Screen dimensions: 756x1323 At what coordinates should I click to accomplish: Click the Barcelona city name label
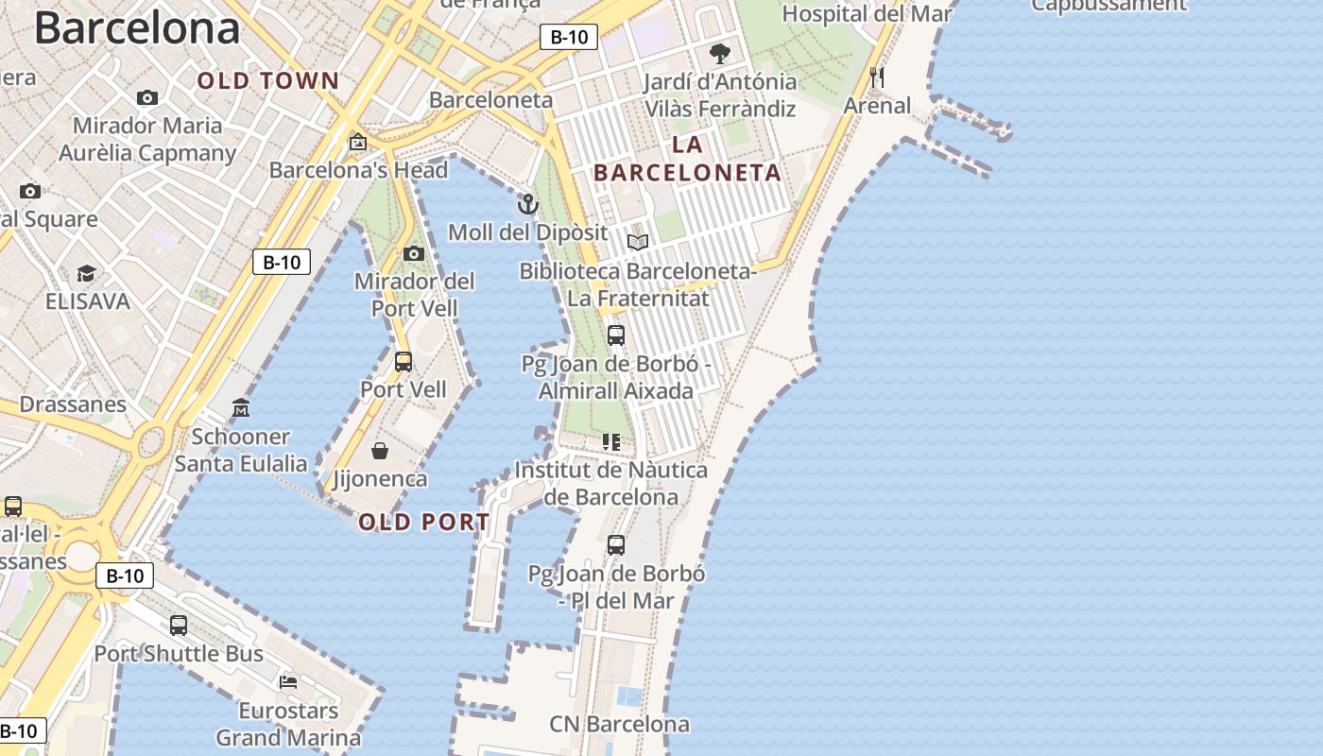(137, 28)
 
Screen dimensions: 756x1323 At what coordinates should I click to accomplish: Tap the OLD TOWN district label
(267, 81)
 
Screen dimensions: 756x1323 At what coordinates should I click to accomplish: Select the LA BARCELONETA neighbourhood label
(688, 159)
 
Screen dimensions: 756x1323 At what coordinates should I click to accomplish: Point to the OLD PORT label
(424, 522)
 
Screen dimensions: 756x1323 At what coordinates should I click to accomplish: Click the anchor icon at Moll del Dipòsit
(527, 204)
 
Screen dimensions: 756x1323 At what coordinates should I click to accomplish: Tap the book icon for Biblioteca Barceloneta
(638, 243)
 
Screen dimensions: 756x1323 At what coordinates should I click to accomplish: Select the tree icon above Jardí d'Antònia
(720, 53)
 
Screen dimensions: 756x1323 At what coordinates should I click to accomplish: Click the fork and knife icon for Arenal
(877, 77)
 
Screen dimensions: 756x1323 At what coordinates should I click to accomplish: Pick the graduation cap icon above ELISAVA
(87, 274)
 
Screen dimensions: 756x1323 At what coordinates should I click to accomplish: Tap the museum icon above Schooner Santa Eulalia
(241, 408)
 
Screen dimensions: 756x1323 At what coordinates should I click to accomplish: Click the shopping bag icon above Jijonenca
(380, 450)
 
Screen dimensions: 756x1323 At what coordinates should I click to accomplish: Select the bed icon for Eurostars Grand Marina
(288, 681)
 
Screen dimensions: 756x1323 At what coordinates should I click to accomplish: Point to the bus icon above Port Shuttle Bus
(179, 625)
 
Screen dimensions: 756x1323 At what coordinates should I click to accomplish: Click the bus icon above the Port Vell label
(404, 361)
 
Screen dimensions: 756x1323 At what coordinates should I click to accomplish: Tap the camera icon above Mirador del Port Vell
(413, 253)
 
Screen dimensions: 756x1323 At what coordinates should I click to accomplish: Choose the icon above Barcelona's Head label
(358, 143)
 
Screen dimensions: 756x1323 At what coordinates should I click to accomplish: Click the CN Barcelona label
(619, 725)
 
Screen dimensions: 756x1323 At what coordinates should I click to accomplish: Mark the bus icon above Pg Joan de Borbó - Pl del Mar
(616, 544)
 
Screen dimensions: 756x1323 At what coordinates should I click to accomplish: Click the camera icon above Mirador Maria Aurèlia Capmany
(147, 97)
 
